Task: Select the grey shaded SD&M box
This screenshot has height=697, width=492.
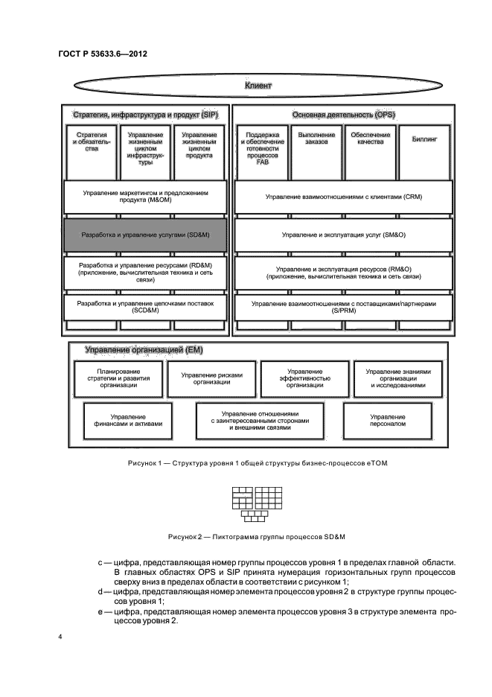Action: pyautogui.click(x=145, y=234)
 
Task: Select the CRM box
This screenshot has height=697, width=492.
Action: pyautogui.click(x=344, y=197)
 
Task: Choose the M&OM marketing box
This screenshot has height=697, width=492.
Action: pyautogui.click(x=145, y=197)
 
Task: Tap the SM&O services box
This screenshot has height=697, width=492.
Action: pyautogui.click(x=344, y=234)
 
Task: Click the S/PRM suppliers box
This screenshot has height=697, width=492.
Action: pyautogui.click(x=344, y=308)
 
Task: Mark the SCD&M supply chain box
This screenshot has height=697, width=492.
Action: pyautogui.click(x=145, y=308)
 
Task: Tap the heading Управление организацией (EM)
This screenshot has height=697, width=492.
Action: pyautogui.click(x=144, y=349)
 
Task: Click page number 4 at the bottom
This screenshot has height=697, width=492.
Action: pyautogui.click(x=61, y=637)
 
